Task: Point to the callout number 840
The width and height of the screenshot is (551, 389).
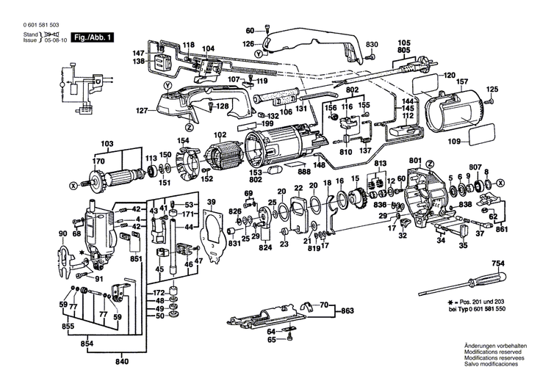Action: pos(122,363)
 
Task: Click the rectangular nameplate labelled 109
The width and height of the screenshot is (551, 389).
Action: pos(486,139)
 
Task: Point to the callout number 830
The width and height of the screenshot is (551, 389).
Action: pos(372,44)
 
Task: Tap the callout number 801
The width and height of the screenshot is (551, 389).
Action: pos(415,160)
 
